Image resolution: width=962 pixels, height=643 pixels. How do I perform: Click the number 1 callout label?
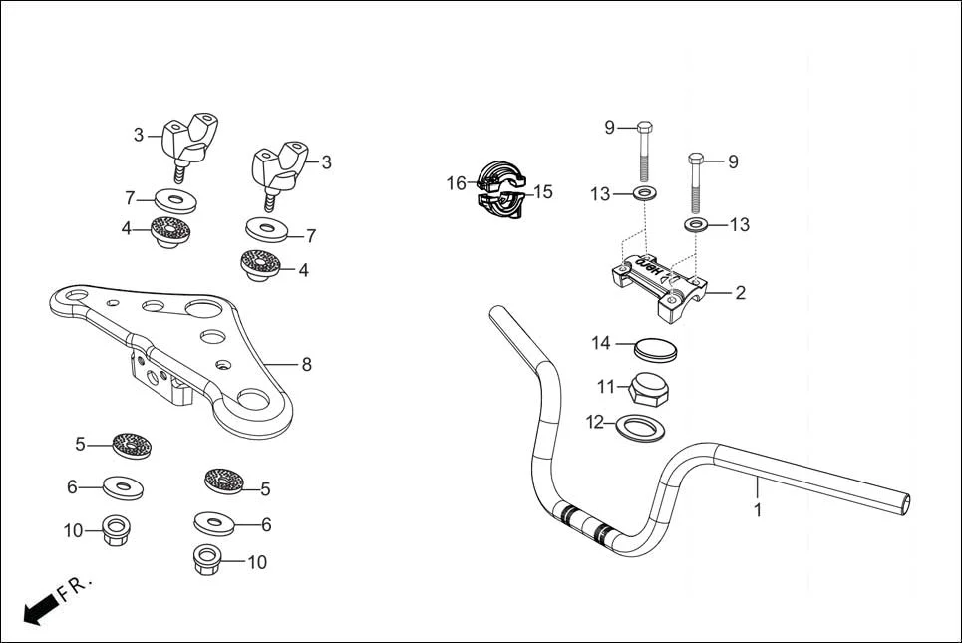758,510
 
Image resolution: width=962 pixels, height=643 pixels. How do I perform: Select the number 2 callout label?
740,293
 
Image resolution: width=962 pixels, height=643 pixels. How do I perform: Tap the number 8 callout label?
306,365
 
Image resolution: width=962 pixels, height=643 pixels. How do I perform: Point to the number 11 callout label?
606,387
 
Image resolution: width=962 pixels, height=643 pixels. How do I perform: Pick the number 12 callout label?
595,423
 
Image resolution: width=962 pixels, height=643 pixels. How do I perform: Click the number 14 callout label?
600,343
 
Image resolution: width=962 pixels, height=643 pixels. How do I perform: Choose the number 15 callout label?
542,192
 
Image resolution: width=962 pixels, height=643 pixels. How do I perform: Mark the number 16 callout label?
456,183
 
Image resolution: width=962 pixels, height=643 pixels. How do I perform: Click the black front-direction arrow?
38,608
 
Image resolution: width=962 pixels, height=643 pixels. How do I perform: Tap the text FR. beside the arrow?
75,588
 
